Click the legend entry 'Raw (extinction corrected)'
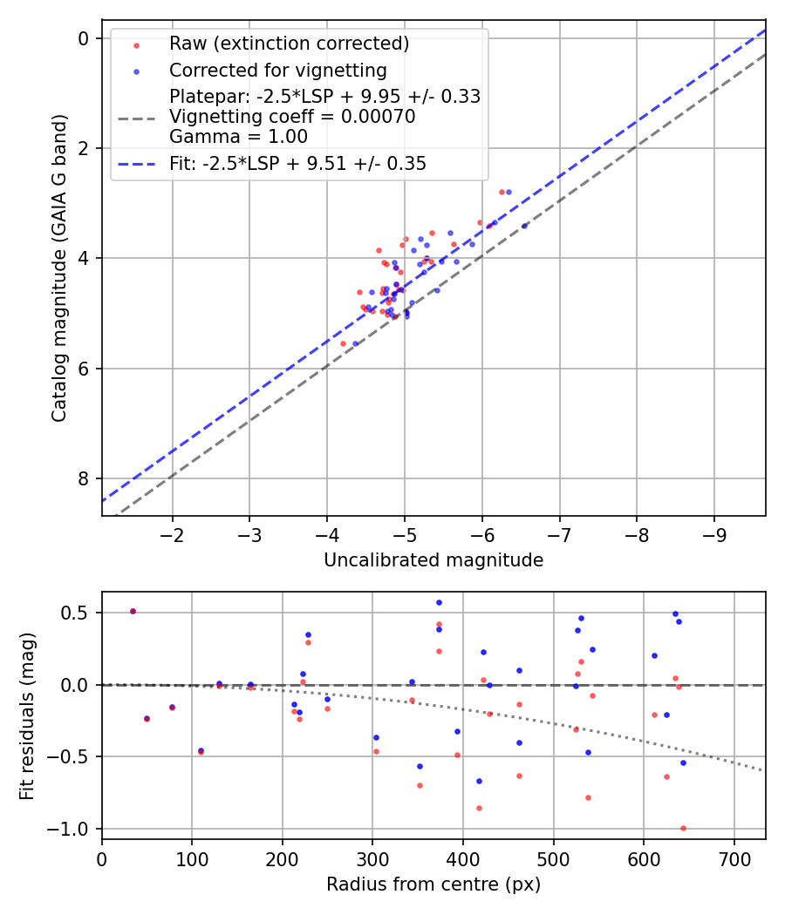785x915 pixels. [x=289, y=44]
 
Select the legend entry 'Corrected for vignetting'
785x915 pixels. [x=277, y=70]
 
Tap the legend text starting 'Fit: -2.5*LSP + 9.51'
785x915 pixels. [x=297, y=163]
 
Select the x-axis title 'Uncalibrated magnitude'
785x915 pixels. [x=433, y=560]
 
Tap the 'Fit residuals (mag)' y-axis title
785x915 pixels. [x=27, y=715]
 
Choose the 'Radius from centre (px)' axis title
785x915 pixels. [x=433, y=884]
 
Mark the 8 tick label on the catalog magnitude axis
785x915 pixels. [x=84, y=478]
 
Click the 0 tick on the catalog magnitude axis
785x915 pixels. [x=84, y=38]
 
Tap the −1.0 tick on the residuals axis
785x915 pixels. [x=73, y=829]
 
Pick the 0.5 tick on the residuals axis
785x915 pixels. [x=78, y=613]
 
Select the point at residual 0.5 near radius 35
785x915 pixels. [x=133, y=611]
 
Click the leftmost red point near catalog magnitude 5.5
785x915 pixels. [x=343, y=343]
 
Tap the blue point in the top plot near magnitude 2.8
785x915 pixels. [x=509, y=192]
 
